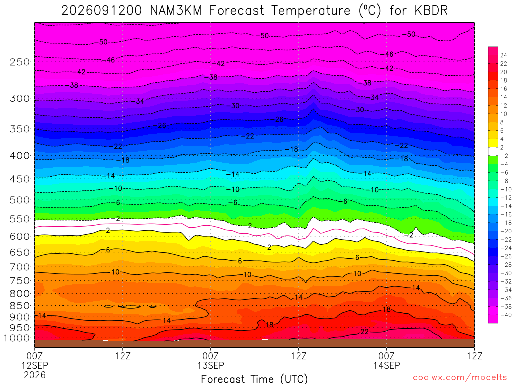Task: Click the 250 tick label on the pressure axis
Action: (20, 62)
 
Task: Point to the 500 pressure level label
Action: (20, 200)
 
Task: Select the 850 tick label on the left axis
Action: (20, 306)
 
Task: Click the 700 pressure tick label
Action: (20, 267)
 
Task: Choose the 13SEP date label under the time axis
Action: (210, 365)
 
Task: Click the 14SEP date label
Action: (386, 365)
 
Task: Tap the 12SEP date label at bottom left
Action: (35, 365)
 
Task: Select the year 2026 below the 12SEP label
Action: (35, 375)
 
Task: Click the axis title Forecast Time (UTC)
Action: (254, 379)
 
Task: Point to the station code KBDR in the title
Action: (431, 11)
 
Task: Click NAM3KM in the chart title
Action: (175, 11)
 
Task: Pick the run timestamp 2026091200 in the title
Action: (101, 11)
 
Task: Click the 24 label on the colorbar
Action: (504, 55)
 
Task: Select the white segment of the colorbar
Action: (493, 151)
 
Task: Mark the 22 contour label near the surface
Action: (364, 332)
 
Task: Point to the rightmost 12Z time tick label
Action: (474, 356)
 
